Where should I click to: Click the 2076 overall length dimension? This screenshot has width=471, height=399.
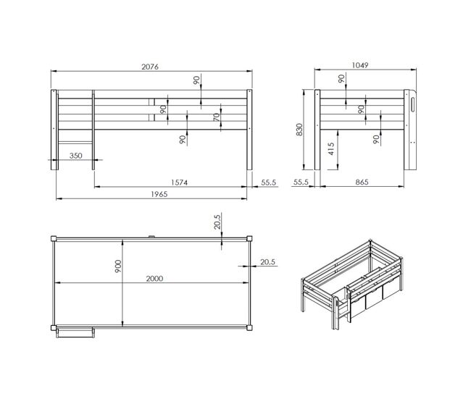[150, 67]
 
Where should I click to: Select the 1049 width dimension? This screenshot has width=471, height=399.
[360, 65]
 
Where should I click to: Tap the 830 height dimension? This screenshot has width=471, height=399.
[299, 130]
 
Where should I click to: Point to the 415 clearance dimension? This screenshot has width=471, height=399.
[330, 148]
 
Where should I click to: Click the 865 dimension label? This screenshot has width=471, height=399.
[362, 182]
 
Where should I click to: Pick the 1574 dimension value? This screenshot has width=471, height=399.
[179, 182]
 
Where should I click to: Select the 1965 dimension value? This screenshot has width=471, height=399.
[159, 194]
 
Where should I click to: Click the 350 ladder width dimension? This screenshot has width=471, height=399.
[75, 156]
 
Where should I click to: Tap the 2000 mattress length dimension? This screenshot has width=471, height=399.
[154, 279]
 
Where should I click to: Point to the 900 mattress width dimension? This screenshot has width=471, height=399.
[118, 266]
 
